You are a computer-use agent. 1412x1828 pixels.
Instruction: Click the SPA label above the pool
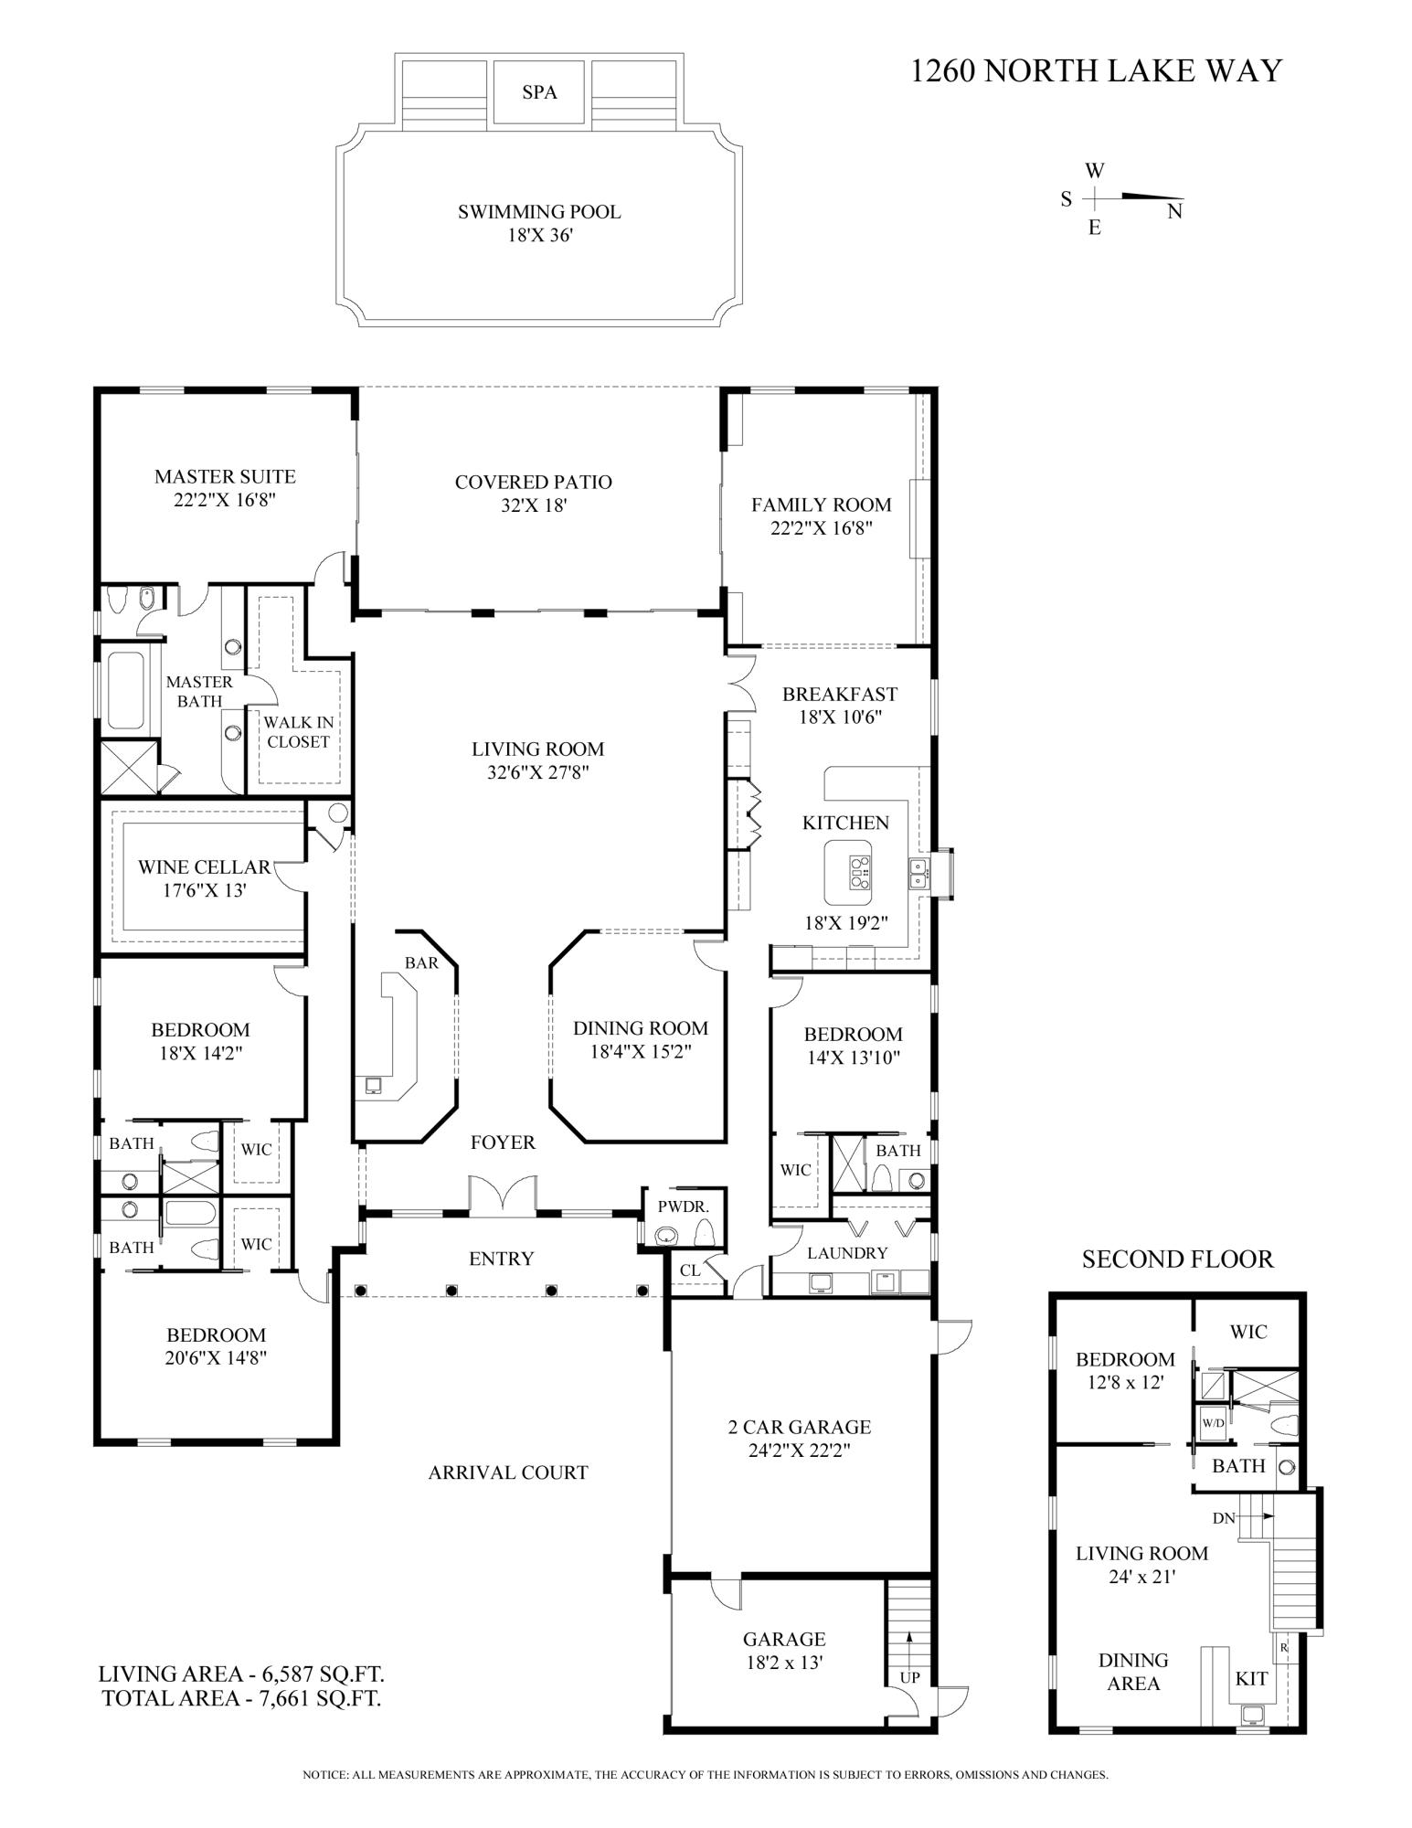[539, 92]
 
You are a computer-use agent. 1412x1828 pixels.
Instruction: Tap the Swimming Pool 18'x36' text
[539, 223]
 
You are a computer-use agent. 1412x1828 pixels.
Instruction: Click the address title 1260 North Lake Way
[1096, 70]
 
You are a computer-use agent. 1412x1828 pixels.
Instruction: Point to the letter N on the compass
[1174, 212]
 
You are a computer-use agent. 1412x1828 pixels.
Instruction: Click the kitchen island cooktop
[859, 872]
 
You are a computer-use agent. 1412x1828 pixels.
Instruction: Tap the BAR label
[421, 962]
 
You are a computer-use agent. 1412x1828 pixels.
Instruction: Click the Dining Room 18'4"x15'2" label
[640, 1039]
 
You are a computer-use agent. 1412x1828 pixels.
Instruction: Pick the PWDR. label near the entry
[684, 1206]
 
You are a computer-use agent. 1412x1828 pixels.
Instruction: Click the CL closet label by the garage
[690, 1270]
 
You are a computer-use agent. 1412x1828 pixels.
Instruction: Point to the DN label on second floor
[1224, 1518]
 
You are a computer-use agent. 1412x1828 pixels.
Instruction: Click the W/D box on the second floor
[1213, 1423]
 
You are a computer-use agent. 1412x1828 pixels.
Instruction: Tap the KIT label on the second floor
[1251, 1679]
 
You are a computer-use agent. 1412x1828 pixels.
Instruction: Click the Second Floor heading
[1177, 1259]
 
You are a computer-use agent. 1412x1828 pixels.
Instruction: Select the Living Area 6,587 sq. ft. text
[241, 1674]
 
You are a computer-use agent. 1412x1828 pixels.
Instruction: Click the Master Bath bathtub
[126, 690]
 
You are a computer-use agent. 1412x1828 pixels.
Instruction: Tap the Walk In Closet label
[299, 732]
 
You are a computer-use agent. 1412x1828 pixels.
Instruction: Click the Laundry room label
[847, 1253]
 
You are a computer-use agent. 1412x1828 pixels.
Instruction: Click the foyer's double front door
[503, 1194]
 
